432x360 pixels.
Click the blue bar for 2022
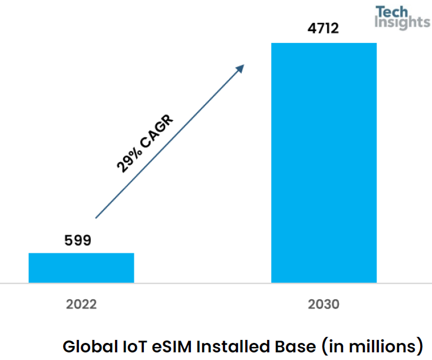click(81, 267)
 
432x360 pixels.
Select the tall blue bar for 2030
click(324, 163)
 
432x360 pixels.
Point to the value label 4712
click(324, 28)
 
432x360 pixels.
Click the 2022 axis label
click(81, 305)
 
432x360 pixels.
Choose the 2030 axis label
click(324, 305)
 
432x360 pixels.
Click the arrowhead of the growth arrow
click(241, 67)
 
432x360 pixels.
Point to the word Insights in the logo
click(403, 22)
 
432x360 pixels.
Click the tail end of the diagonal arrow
click(97, 217)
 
